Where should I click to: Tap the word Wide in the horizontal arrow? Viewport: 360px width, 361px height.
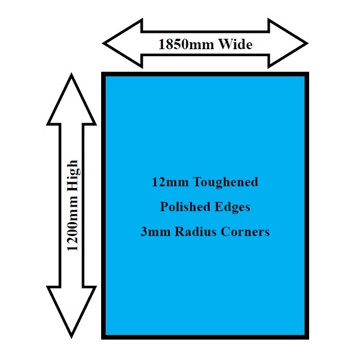235,44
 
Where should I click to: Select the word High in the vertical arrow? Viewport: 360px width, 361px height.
73,176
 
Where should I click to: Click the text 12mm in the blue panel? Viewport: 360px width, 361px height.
165,182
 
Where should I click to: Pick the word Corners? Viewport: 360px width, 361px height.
244,232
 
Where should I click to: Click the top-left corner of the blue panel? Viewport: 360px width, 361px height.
104,74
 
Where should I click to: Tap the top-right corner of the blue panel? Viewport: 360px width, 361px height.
307,74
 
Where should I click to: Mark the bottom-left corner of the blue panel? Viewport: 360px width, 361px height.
104,336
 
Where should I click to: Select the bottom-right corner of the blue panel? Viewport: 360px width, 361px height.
307,336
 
